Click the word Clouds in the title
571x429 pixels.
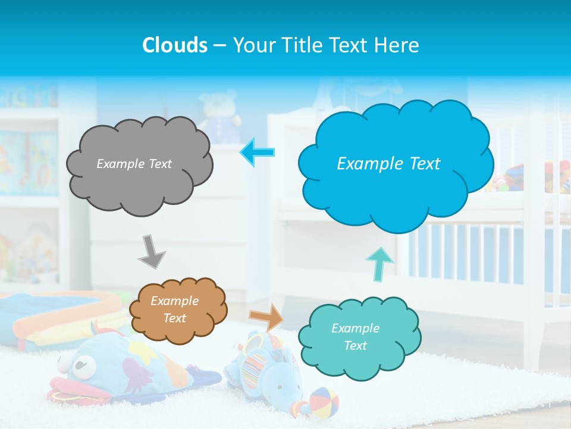175,45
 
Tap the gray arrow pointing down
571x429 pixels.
152,251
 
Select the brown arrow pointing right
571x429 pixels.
267,318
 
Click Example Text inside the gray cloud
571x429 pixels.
134,163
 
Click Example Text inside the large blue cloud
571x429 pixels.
388,163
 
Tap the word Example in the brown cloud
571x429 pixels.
174,301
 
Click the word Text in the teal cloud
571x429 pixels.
355,346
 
